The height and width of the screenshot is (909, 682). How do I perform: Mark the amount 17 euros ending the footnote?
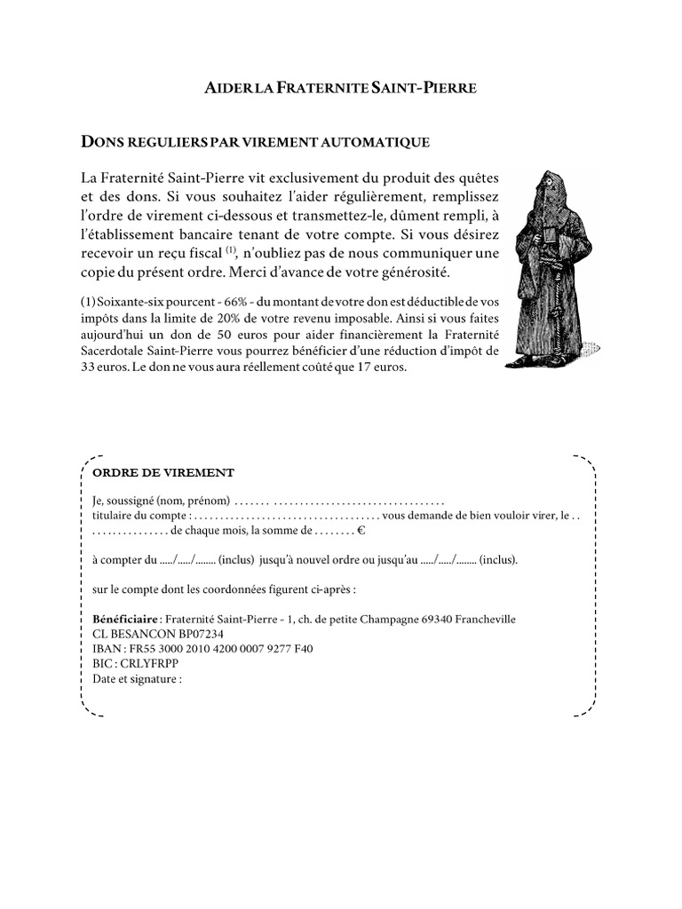click(x=383, y=366)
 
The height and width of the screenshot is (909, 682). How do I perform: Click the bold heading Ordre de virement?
click(x=163, y=472)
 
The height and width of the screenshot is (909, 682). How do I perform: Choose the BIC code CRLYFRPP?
click(x=148, y=664)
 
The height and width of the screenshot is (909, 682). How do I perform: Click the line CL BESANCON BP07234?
click(x=157, y=634)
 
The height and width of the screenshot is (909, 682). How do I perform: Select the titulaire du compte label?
click(x=139, y=516)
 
